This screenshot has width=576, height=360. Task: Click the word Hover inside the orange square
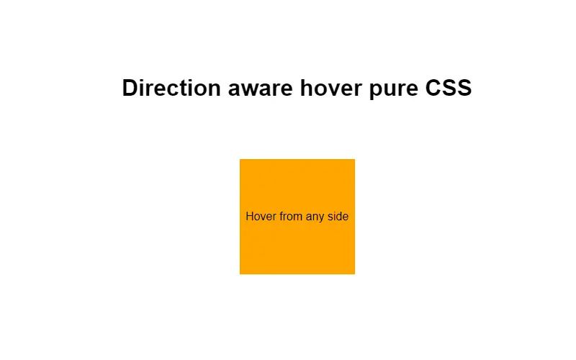[x=261, y=216]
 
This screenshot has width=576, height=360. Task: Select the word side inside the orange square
[x=338, y=216]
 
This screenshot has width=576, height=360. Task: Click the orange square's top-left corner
[x=240, y=160]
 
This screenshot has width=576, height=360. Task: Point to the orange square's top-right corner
[x=354, y=160]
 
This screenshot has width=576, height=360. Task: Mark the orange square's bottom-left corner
[x=240, y=274]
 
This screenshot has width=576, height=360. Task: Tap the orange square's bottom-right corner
[x=354, y=274]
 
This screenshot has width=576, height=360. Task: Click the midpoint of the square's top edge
[x=297, y=160]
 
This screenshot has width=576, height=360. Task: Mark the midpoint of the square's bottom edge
[x=297, y=274]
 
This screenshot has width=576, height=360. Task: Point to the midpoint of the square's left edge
[x=240, y=217]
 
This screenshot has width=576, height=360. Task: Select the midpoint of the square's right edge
[x=354, y=217]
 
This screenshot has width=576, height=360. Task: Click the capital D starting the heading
[x=130, y=88]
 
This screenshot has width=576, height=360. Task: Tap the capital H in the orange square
[x=250, y=216]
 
